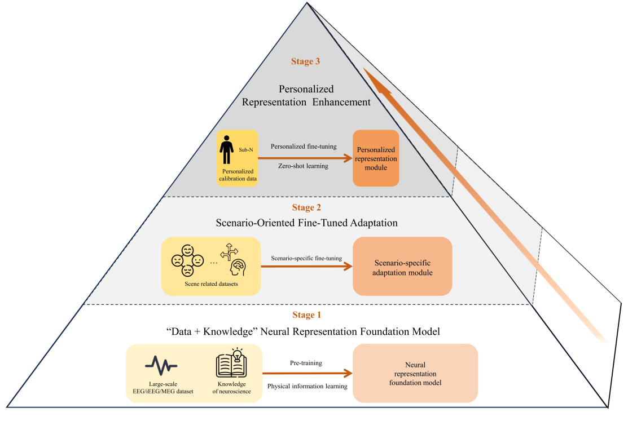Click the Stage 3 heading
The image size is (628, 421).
306,61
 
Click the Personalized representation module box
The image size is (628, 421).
376,158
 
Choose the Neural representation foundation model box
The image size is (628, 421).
415,373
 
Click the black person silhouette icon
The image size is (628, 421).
227,151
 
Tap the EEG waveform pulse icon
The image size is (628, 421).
161,365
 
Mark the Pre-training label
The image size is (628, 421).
306,363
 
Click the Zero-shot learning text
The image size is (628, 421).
304,166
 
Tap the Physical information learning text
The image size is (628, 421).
306,386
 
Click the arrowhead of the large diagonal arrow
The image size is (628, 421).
369,77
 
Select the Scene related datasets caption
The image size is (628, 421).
210,283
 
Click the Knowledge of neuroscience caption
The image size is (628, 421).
232,387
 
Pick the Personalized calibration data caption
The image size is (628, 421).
238,175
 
